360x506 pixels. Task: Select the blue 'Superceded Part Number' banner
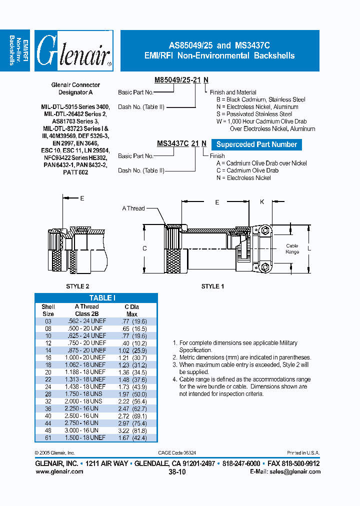(x=256, y=144)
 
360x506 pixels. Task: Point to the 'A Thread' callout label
(x=133, y=208)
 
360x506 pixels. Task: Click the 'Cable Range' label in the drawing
(x=292, y=248)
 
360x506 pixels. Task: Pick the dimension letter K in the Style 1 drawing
(x=262, y=202)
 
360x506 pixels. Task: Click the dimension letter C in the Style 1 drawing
(x=144, y=248)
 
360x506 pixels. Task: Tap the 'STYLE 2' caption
(x=77, y=286)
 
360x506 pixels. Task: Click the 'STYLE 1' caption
(x=212, y=286)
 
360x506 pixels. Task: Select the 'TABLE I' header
(x=102, y=297)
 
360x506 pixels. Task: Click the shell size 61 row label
(x=48, y=437)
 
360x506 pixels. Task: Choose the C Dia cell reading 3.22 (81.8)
(x=132, y=430)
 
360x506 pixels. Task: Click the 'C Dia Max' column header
(x=131, y=310)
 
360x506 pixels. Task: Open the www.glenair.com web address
(x=59, y=471)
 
